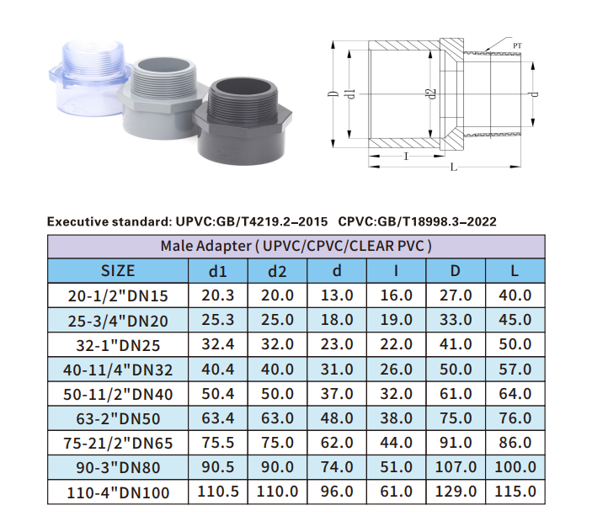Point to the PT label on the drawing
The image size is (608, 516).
pos(517,45)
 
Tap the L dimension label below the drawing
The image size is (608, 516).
pos(453,168)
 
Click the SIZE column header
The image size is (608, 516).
pos(118,270)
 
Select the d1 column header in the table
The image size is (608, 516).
pos(217,271)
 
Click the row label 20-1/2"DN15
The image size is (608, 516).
pos(118,296)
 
